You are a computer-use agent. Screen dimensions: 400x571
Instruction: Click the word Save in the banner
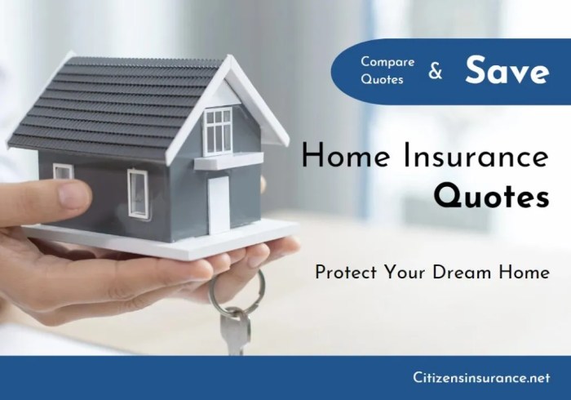[507, 71]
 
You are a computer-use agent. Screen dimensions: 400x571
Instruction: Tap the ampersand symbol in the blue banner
[436, 72]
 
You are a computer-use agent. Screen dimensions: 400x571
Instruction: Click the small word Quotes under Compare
[383, 80]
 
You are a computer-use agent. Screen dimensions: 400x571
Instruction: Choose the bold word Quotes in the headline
[491, 196]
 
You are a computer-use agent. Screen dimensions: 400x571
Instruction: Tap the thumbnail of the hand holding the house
[75, 194]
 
